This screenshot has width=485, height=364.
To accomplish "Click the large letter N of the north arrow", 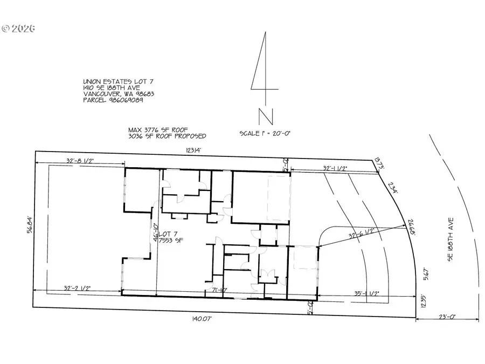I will pyautogui.click(x=265, y=117).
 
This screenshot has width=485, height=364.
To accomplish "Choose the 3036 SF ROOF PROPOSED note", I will pyautogui.click(x=167, y=136).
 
